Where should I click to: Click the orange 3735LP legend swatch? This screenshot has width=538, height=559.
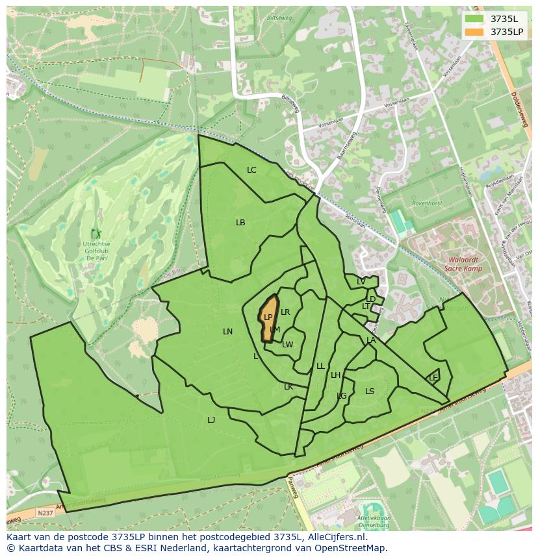pyautogui.click(x=474, y=32)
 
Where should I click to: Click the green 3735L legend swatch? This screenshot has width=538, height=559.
pyautogui.click(x=474, y=19)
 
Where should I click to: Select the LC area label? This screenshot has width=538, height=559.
pyautogui.click(x=251, y=170)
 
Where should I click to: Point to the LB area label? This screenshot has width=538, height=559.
pyautogui.click(x=240, y=222)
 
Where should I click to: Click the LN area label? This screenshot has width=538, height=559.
pyautogui.click(x=227, y=332)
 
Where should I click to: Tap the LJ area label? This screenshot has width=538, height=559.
pyautogui.click(x=211, y=420)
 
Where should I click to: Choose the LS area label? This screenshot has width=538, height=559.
pyautogui.click(x=370, y=391)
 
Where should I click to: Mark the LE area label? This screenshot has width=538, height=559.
pyautogui.click(x=433, y=378)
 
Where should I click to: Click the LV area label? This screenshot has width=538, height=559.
pyautogui.click(x=361, y=282)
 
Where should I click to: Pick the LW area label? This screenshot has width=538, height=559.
pyautogui.click(x=288, y=345)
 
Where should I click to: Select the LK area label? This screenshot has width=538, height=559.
pyautogui.click(x=288, y=387)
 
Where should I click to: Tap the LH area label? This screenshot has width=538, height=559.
pyautogui.click(x=335, y=375)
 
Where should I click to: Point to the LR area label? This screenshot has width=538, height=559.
pyautogui.click(x=285, y=312)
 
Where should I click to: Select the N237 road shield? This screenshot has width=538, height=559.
pyautogui.click(x=45, y=513)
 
